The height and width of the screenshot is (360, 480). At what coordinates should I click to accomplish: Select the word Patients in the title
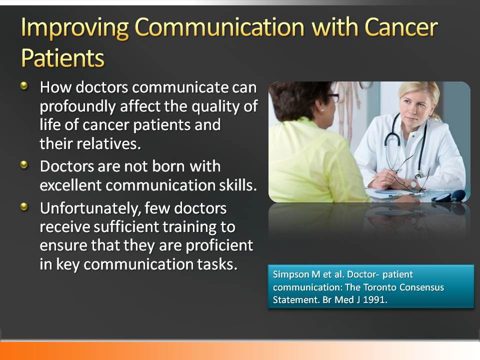coord(63,58)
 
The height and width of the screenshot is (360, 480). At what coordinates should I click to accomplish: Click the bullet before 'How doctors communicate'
coord(24,85)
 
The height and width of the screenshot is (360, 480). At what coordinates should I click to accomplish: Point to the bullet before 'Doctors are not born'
coord(24,165)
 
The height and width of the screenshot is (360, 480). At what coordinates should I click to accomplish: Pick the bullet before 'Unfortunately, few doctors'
coord(24,206)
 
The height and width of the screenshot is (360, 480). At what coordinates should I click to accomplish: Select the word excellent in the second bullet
coord(70,185)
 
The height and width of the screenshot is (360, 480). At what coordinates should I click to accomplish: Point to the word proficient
coord(219,246)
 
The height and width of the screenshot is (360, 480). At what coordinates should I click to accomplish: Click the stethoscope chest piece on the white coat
coord(417,176)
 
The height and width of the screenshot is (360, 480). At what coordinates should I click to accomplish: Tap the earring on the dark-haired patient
coord(321,109)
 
